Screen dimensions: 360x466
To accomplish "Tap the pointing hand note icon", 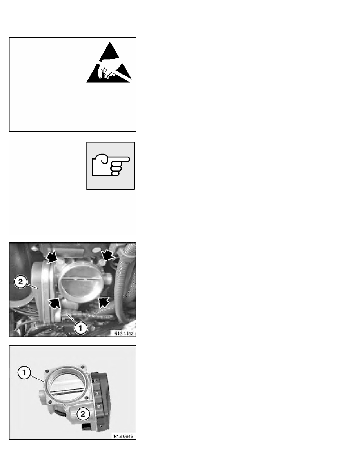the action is click(111, 166).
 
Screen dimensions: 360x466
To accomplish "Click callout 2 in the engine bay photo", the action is click(20, 281).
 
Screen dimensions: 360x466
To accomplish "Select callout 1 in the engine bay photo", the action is click(81, 328).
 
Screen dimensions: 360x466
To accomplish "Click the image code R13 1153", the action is click(124, 333).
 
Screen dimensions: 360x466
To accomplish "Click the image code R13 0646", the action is click(123, 436).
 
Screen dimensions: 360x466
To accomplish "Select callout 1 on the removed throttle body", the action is click(24, 373).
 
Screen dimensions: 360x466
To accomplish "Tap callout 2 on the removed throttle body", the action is click(83, 414).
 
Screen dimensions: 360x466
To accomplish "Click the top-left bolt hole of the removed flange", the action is click(47, 371).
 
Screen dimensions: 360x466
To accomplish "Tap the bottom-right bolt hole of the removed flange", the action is click(86, 398).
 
